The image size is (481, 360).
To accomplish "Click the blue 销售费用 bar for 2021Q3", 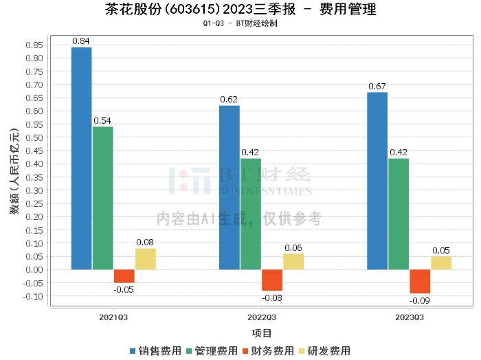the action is [x=82, y=159].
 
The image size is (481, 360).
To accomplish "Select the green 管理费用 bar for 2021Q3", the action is [x=103, y=198].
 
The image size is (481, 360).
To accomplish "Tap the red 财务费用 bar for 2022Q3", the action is [x=272, y=280].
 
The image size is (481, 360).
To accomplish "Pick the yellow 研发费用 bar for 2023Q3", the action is [x=441, y=263].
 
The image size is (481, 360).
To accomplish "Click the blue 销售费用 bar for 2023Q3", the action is [x=377, y=181].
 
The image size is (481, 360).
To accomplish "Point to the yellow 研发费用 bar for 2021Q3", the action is [x=146, y=259].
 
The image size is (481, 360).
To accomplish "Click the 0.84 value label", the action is [x=81, y=41].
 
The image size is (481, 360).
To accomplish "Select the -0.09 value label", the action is [x=420, y=300].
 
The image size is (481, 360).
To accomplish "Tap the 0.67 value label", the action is [x=377, y=86].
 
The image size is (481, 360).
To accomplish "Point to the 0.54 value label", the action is [x=102, y=120].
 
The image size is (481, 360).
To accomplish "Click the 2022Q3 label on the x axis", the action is [x=262, y=317].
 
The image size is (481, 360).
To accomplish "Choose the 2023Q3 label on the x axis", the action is [x=410, y=317].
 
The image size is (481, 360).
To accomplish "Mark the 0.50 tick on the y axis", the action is [x=34, y=137].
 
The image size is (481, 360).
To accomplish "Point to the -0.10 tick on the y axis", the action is [x=33, y=296].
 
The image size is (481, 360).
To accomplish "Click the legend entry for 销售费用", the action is [x=155, y=351].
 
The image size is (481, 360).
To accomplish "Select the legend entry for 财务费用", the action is [x=268, y=351].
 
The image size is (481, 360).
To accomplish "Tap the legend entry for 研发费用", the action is [x=324, y=351].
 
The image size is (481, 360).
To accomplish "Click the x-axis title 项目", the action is [x=262, y=333].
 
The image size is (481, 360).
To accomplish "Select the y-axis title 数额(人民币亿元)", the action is [x=14, y=171].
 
